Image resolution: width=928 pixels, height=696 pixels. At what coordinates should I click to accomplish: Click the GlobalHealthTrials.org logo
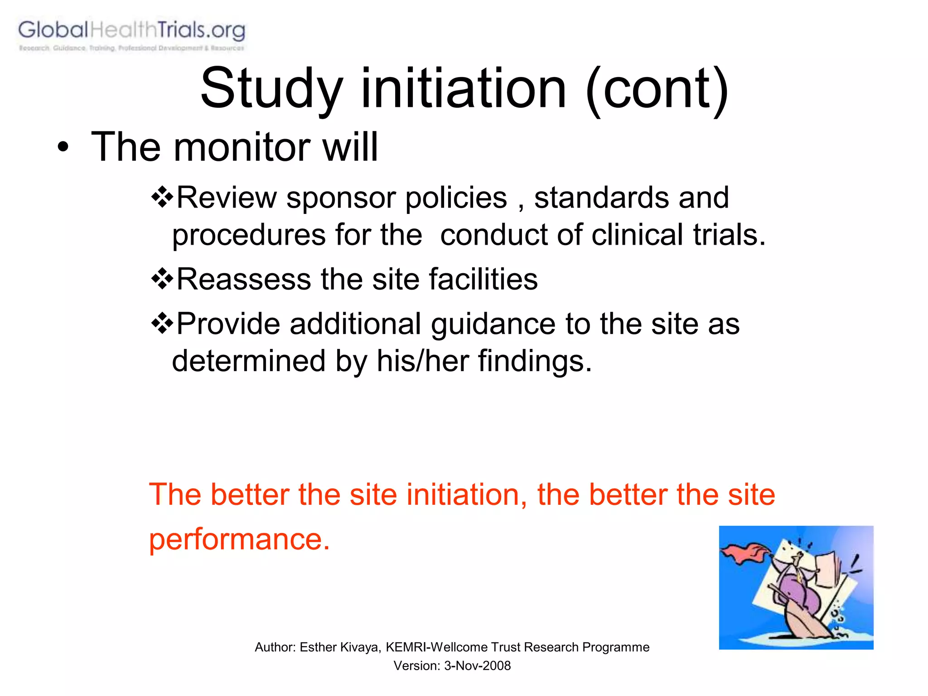[x=131, y=34]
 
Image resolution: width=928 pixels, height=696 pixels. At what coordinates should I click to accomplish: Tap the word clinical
[x=637, y=235]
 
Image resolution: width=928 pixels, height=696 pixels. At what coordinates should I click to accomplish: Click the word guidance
[x=493, y=324]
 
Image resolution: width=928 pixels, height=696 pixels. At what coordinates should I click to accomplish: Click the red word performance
[x=239, y=540]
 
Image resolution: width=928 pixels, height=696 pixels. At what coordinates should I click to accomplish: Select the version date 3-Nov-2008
[x=477, y=666]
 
